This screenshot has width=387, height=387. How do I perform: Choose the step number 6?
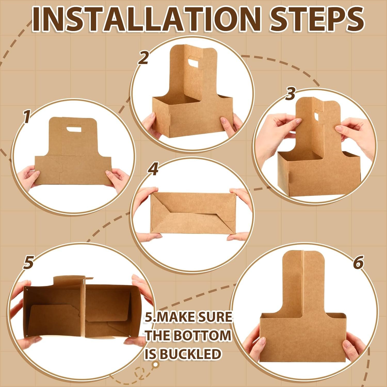358,263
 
